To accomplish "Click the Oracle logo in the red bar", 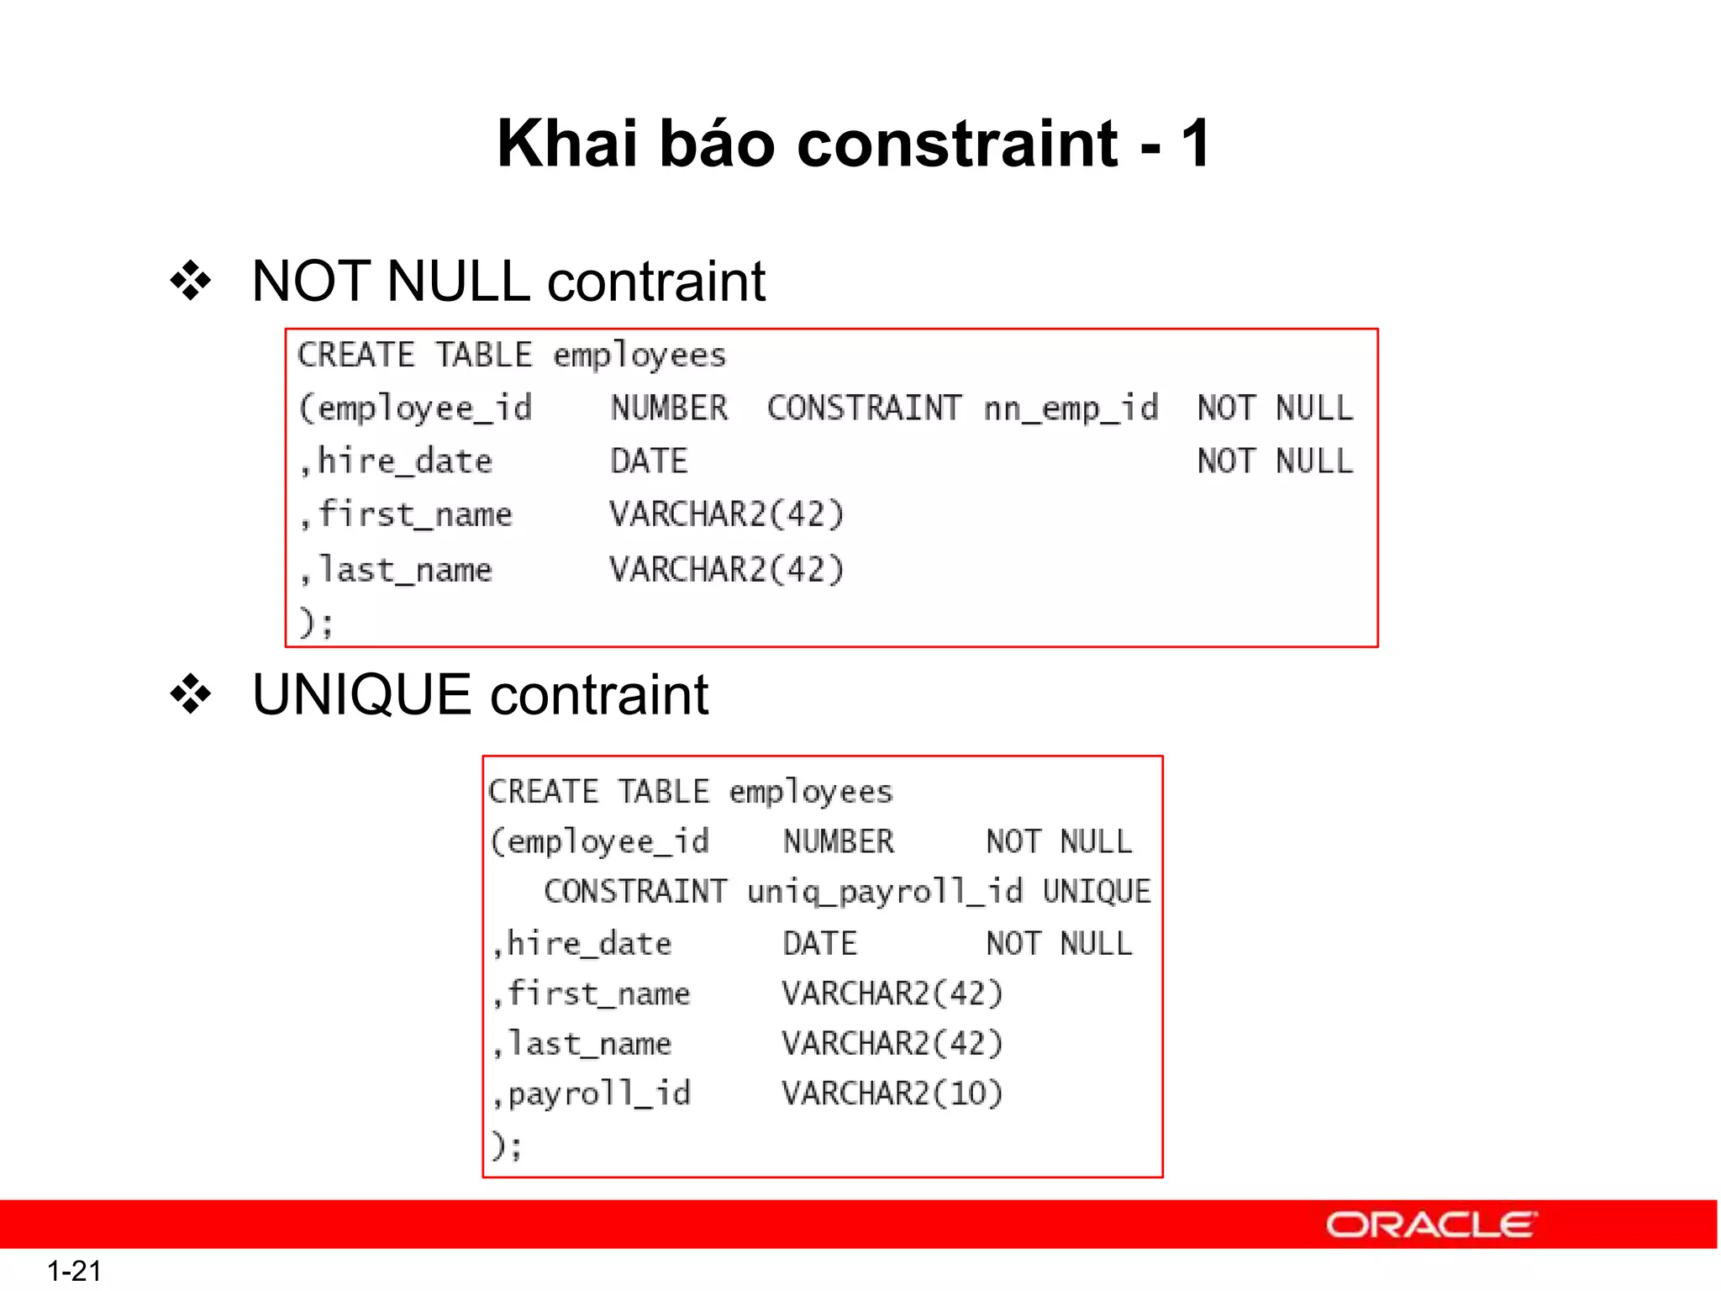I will [x=1430, y=1225].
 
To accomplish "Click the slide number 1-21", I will [x=74, y=1271].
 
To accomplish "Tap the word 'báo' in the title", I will [x=716, y=144].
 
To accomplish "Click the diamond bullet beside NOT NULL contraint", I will [x=191, y=281].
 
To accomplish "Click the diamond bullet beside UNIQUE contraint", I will [x=191, y=695].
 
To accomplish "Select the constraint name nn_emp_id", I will [x=1071, y=409].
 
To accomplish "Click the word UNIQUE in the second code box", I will [x=1096, y=892].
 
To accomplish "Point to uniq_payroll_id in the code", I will [x=884, y=892].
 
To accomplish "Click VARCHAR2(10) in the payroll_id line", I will [x=892, y=1093].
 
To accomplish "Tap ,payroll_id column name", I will [x=592, y=1093].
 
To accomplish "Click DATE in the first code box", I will [x=649, y=461].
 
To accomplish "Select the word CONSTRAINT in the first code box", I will [x=863, y=409].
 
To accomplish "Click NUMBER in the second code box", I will [x=838, y=841].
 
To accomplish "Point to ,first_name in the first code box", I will [x=406, y=514].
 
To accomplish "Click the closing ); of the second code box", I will [x=507, y=1145].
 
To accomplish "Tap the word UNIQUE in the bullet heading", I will [x=361, y=695].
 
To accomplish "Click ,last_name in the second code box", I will [x=582, y=1044].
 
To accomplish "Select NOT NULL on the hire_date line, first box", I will [x=1275, y=461].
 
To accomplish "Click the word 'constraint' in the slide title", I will [x=956, y=144].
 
